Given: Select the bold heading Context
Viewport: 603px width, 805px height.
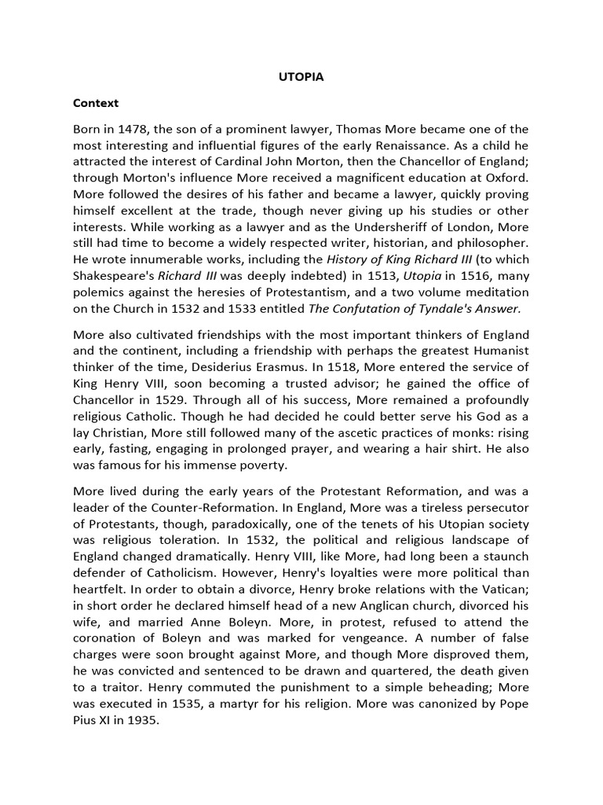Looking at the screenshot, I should pos(95,103).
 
